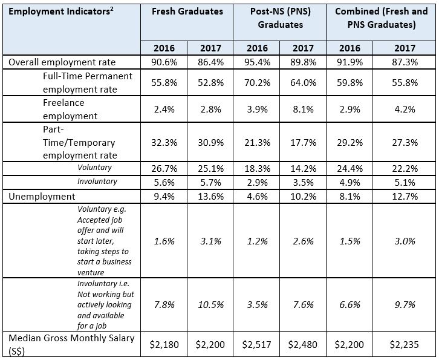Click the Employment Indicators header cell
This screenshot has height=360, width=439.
[48, 11]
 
